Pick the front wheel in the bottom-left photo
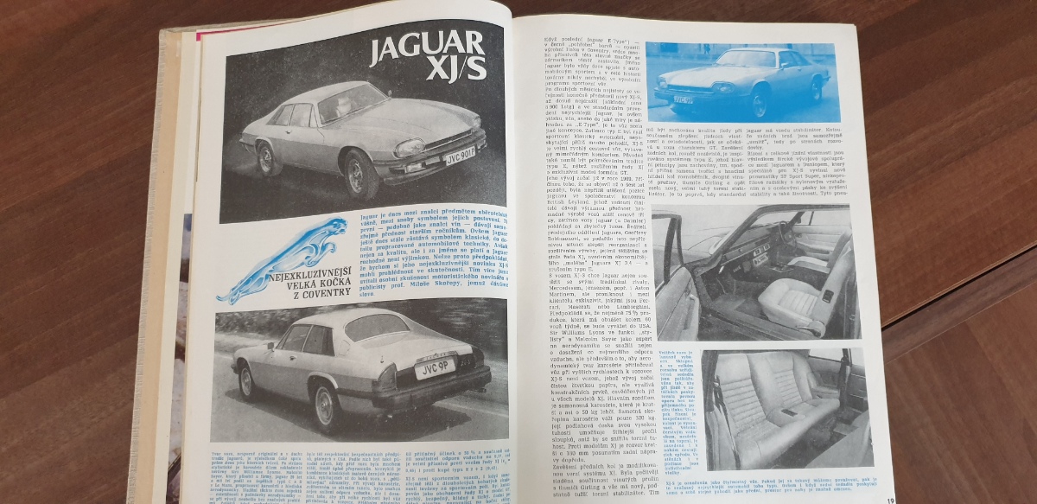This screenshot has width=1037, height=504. click(246, 382)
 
